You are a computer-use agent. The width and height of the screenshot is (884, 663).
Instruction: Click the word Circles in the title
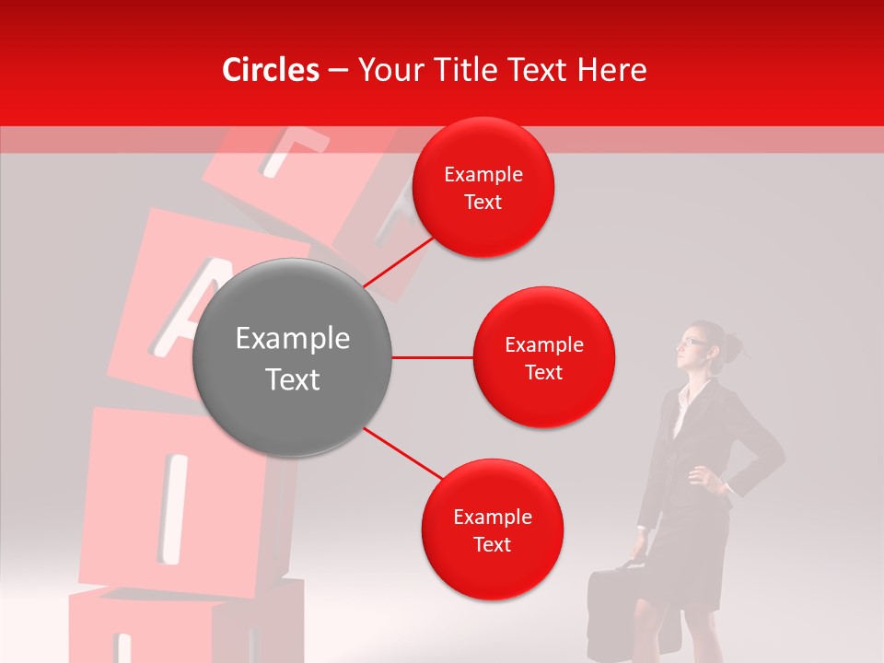[x=271, y=70]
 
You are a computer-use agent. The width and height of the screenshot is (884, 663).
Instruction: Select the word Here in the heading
[x=611, y=70]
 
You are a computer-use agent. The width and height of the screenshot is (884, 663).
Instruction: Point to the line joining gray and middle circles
[x=433, y=357]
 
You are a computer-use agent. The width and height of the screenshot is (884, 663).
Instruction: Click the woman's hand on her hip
[x=701, y=478]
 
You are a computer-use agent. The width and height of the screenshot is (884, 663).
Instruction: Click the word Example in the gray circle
[x=292, y=339]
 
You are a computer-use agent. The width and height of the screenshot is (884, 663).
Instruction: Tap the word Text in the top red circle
[x=483, y=203]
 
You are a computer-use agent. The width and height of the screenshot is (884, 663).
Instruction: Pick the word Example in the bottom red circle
[x=492, y=518]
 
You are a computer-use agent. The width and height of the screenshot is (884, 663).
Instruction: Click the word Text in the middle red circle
[x=544, y=373]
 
